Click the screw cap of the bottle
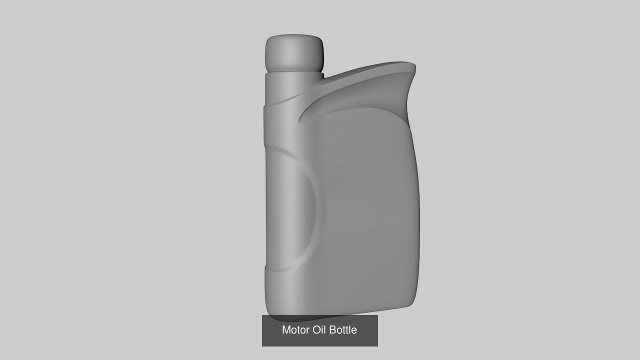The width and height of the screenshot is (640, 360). pos(294,52)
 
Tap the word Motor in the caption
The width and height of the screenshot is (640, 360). pos(295,330)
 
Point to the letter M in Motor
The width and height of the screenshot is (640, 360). pos(286,330)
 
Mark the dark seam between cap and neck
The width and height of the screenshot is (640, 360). pos(294,71)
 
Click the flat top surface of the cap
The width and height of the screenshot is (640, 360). pos(294,36)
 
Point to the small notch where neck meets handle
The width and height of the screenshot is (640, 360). pos(323,76)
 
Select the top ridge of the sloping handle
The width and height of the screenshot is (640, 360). pos(370,66)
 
